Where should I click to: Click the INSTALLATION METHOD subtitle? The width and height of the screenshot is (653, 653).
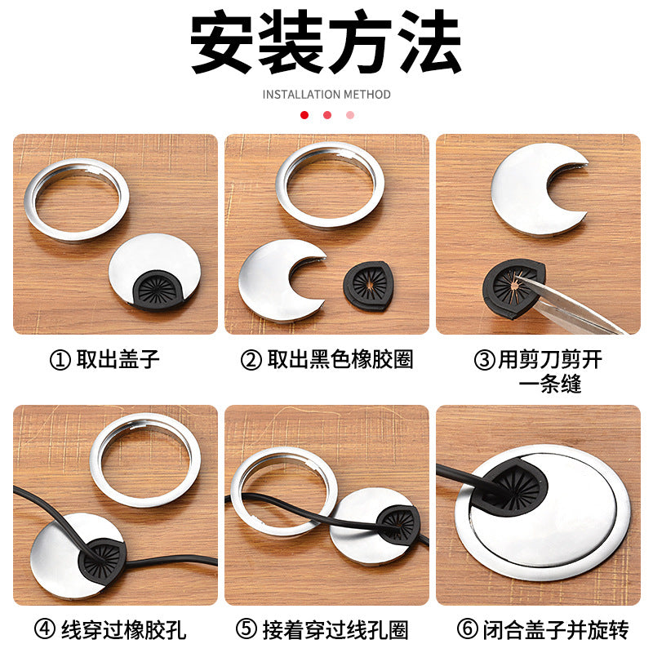(326, 95)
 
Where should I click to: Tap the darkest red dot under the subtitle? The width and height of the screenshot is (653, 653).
(304, 115)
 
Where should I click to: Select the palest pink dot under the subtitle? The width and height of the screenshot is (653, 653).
(350, 115)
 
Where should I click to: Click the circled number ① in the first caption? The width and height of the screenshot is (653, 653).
(60, 359)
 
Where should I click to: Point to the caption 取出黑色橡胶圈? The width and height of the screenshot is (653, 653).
(340, 359)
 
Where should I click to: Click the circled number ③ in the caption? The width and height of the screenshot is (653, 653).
(485, 359)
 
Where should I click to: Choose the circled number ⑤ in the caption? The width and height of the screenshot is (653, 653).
(247, 629)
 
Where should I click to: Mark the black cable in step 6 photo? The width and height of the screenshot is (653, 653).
(461, 476)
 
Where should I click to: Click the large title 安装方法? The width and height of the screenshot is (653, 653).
(326, 42)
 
